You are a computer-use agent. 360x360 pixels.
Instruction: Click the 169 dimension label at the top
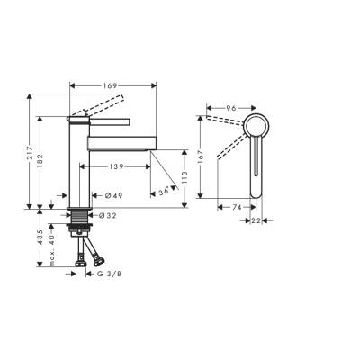coord(110,86)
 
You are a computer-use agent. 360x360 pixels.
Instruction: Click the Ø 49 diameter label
coord(112,196)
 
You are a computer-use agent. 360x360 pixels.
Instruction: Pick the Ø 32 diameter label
coord(107,215)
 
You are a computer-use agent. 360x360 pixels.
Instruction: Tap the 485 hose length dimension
coord(40,240)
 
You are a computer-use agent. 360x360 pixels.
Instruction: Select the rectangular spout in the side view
coord(122,142)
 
